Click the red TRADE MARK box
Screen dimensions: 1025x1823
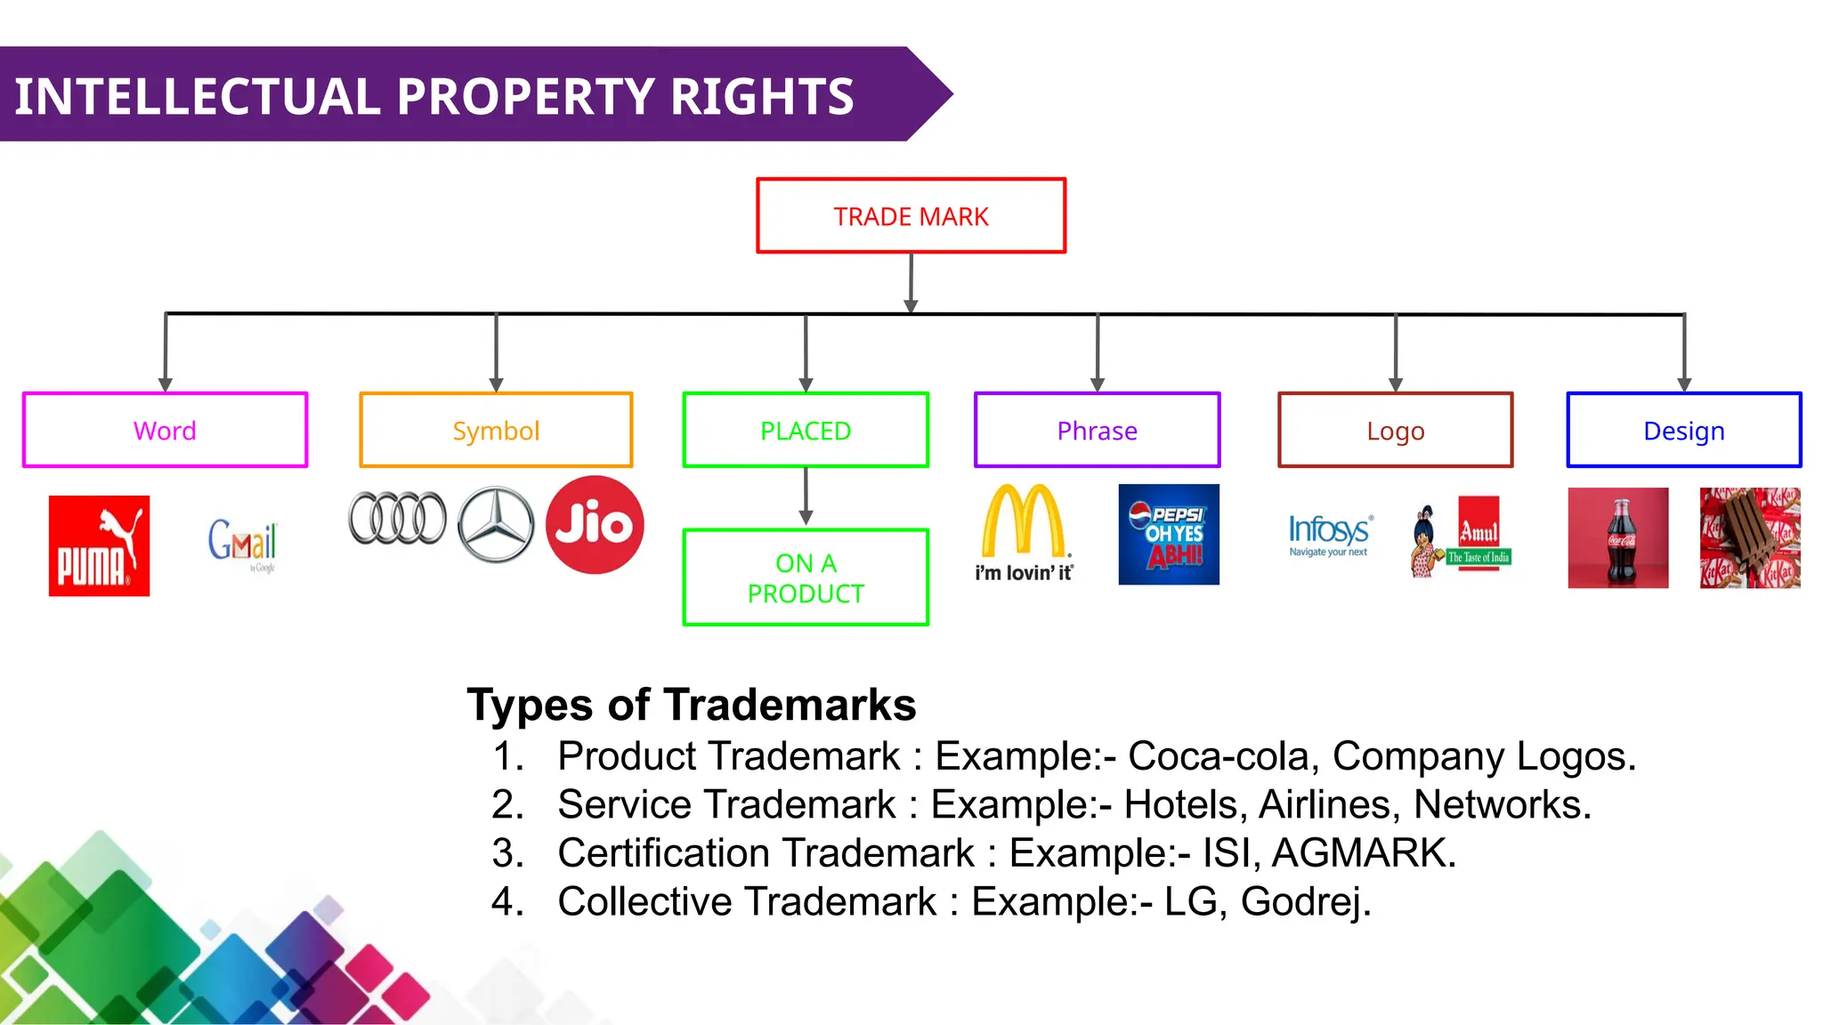pos(911,216)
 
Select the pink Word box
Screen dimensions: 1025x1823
pos(165,431)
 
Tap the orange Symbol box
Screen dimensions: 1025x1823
pos(496,431)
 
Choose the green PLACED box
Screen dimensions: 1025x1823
pos(806,431)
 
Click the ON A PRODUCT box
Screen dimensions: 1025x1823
pos(806,578)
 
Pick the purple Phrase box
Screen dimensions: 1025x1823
pos(1097,431)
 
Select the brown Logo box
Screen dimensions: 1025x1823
pos(1395,431)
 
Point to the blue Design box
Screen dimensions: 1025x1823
pos(1683,431)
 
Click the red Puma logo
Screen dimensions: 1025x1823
pos(99,545)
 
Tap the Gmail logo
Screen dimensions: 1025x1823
pos(242,542)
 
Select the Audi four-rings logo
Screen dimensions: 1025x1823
pos(397,518)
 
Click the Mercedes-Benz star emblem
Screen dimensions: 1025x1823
pos(496,525)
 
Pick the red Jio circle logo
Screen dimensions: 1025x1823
pos(594,525)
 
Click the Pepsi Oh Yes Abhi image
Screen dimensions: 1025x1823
pos(1168,534)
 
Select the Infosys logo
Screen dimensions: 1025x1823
pos(1330,535)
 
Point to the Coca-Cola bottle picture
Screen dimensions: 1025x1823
pos(1617,537)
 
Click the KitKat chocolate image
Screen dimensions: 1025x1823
pos(1749,537)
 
